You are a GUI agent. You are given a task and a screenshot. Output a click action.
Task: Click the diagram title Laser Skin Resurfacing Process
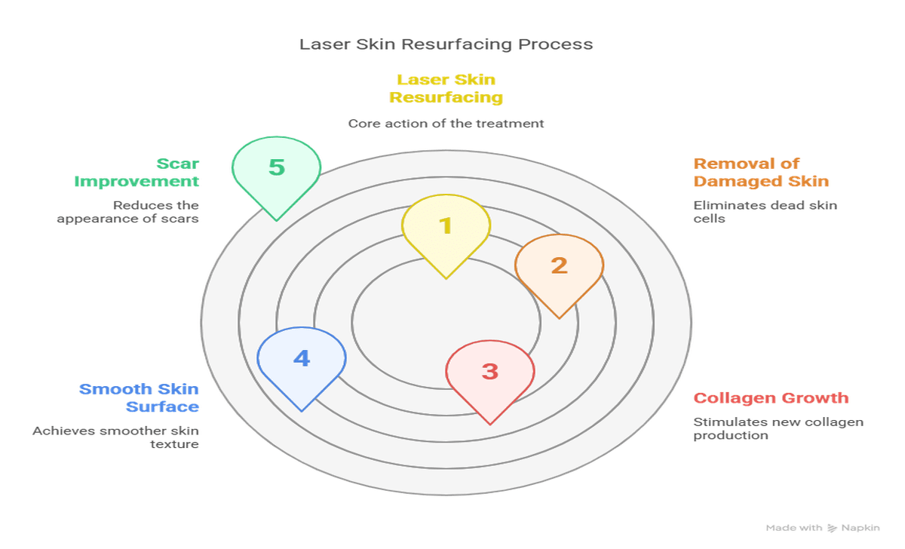pos(446,44)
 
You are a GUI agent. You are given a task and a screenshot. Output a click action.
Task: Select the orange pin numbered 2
pos(559,268)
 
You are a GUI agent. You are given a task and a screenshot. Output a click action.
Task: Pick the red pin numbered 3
pos(490,374)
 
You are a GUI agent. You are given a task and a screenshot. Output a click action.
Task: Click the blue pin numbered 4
pos(302,360)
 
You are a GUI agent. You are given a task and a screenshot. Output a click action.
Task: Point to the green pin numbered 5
pos(277,170)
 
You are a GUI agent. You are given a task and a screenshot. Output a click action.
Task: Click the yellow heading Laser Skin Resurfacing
pos(446,88)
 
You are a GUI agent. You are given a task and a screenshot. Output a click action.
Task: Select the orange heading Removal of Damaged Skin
pos(760,172)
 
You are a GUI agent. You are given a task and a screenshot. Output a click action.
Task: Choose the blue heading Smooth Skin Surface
pos(140,397)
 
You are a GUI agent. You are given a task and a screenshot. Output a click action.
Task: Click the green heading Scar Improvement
pos(137,172)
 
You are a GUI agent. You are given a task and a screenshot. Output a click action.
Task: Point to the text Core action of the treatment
pos(446,123)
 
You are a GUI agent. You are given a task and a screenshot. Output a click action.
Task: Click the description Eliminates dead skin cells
pos(765,211)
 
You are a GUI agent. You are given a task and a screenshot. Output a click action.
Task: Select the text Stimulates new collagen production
pos(778,428)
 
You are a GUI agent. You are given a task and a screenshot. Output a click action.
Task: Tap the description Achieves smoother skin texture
pos(115,437)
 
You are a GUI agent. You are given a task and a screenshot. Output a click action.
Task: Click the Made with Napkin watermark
pos(822,528)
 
